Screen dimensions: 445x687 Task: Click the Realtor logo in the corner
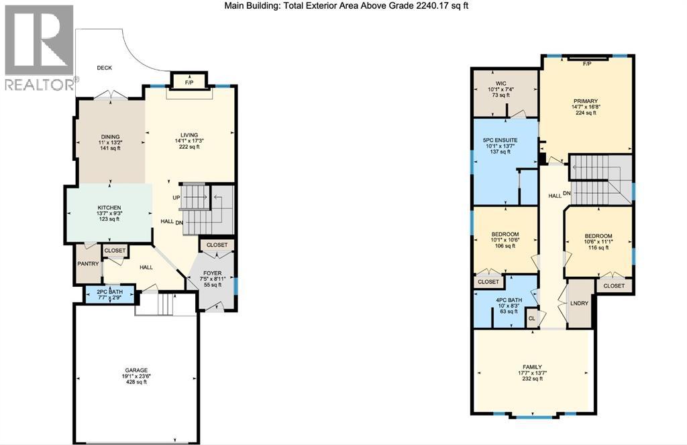(x=39, y=47)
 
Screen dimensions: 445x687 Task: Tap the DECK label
(x=104, y=68)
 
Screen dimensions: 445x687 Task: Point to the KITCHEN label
(x=109, y=208)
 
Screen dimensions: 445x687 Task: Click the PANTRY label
(x=88, y=263)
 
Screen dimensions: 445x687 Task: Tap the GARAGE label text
(x=136, y=370)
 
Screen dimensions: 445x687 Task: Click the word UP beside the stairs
(x=175, y=198)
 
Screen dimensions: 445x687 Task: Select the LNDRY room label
(x=579, y=303)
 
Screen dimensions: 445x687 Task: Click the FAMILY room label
(x=531, y=367)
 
